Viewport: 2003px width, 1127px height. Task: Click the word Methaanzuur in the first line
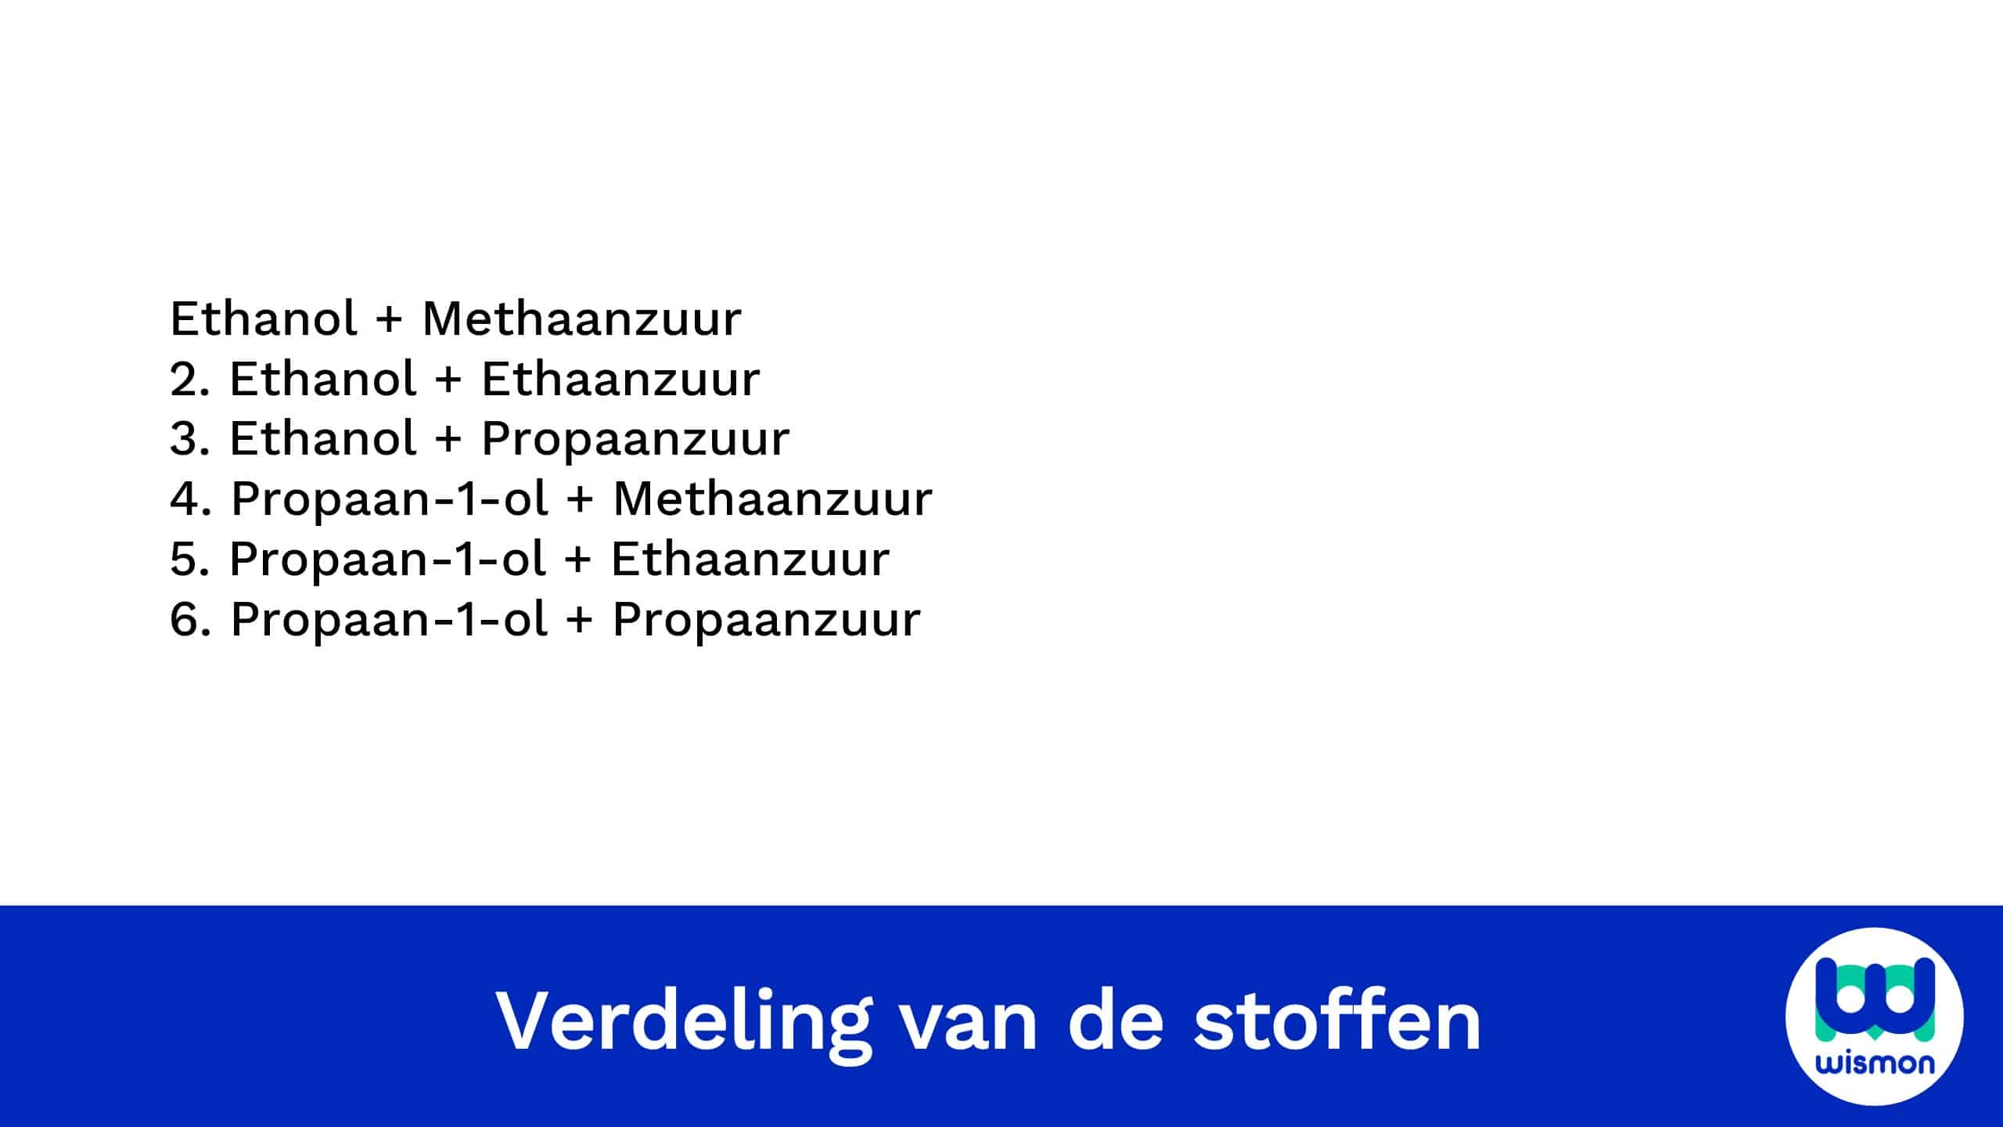581,319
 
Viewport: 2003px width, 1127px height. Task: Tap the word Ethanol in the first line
264,319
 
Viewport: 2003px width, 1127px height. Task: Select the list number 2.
189,379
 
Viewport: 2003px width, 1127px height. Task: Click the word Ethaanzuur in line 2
620,379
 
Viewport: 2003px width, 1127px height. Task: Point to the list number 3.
190,438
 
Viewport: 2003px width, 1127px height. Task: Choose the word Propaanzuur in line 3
635,439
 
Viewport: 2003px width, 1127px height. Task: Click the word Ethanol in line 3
322,438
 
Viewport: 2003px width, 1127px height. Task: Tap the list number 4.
190,499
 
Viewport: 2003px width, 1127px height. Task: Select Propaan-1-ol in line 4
389,499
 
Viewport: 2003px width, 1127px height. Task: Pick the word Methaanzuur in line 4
773,499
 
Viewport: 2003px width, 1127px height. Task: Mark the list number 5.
190,559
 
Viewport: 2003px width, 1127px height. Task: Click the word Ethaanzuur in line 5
750,559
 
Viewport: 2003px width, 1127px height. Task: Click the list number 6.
190,619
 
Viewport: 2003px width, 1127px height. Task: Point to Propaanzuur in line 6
767,620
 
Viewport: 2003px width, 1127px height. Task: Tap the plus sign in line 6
579,620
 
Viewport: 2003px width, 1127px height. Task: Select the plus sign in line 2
448,380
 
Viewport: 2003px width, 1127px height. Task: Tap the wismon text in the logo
1875,1063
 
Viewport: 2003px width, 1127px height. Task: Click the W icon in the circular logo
1875,999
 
